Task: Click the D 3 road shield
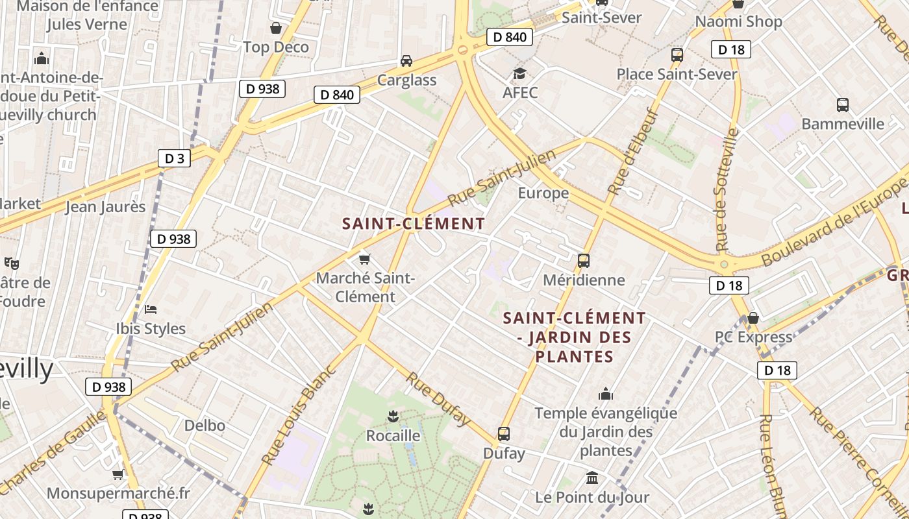pos(174,158)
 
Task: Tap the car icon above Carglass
pos(406,61)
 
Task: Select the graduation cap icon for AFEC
pos(519,73)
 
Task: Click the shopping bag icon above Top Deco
pos(276,28)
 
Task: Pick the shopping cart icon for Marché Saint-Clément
pos(364,259)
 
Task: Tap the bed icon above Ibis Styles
pos(151,309)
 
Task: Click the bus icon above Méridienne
pos(583,261)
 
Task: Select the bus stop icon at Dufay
pos(504,434)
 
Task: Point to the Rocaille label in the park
pos(393,435)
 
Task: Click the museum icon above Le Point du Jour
pos(591,478)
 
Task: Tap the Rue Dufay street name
pos(438,399)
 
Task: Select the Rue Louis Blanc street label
pos(299,415)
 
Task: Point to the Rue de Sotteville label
pos(727,189)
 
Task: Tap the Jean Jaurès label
pos(106,207)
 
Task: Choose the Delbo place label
pos(205,426)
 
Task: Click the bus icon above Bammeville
pos(842,104)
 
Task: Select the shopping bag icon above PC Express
pos(753,318)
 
